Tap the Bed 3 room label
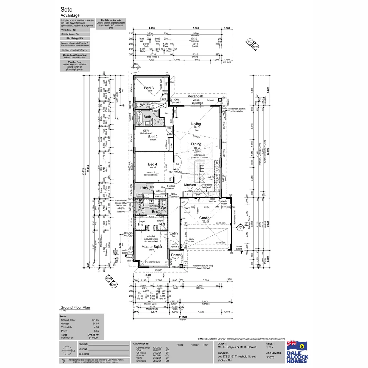pos(148,88)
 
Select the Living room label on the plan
pos(196,124)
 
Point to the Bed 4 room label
pos(152,164)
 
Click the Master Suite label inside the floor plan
pos(152,246)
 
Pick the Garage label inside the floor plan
pos(205,218)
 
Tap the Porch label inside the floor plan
pos(176,255)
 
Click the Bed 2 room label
pos(152,137)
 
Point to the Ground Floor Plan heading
pos(75,307)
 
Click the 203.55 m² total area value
pos(92,335)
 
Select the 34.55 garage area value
pos(95,324)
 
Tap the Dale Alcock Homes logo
pos(297,351)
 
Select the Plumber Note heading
pos(74,62)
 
